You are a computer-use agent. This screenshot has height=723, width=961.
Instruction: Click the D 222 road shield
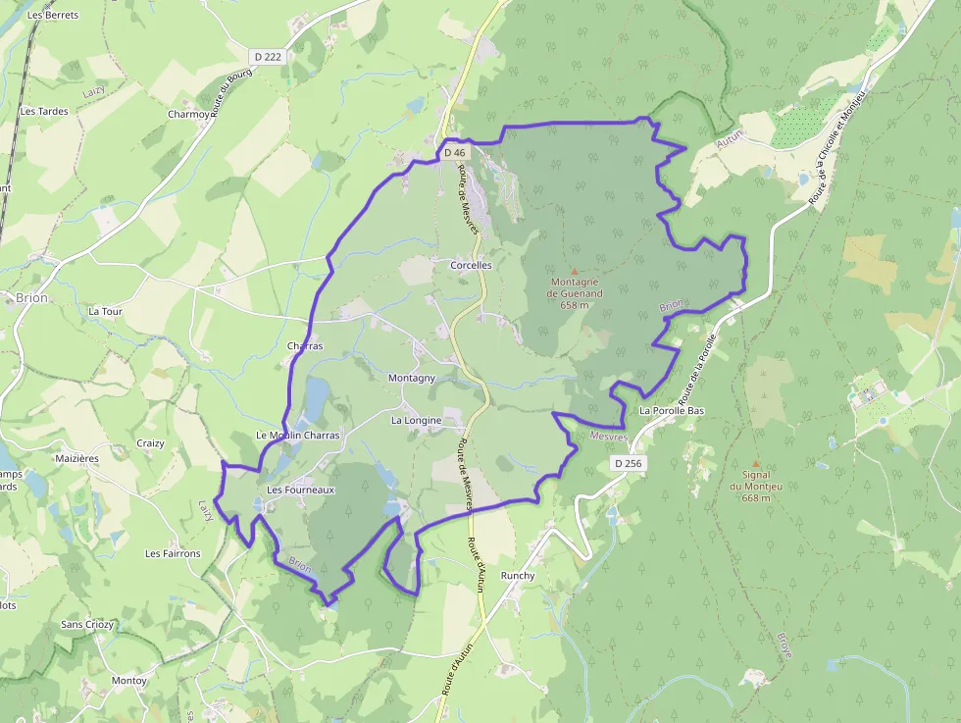pyautogui.click(x=267, y=57)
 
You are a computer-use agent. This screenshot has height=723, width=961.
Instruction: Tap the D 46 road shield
pyautogui.click(x=455, y=153)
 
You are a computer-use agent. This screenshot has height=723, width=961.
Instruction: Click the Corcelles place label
pyautogui.click(x=471, y=265)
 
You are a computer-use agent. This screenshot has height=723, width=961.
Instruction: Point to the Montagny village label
pyautogui.click(x=412, y=378)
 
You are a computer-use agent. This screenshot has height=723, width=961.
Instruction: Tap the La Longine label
pyautogui.click(x=417, y=420)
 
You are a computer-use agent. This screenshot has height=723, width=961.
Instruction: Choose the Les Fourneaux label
pyautogui.click(x=301, y=490)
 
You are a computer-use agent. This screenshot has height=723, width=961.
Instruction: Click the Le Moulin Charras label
pyautogui.click(x=297, y=435)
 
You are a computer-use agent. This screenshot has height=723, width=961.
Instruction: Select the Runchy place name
pyautogui.click(x=519, y=576)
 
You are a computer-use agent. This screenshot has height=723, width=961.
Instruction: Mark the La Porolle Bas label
pyautogui.click(x=673, y=410)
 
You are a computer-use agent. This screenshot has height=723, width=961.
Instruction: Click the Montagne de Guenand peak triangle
pyautogui.click(x=575, y=271)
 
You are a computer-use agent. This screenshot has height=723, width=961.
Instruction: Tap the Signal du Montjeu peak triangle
pyautogui.click(x=755, y=464)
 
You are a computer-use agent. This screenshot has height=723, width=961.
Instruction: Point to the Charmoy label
pyautogui.click(x=188, y=114)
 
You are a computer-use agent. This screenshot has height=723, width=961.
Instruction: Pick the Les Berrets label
pyautogui.click(x=53, y=16)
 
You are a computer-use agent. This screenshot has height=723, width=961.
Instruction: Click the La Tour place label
pyautogui.click(x=105, y=311)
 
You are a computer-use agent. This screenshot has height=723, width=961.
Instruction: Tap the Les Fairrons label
pyautogui.click(x=173, y=553)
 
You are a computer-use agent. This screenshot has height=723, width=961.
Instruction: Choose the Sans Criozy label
pyautogui.click(x=87, y=624)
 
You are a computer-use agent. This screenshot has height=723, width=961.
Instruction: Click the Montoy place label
pyautogui.click(x=129, y=680)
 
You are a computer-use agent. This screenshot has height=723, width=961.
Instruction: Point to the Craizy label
pyautogui.click(x=150, y=443)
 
